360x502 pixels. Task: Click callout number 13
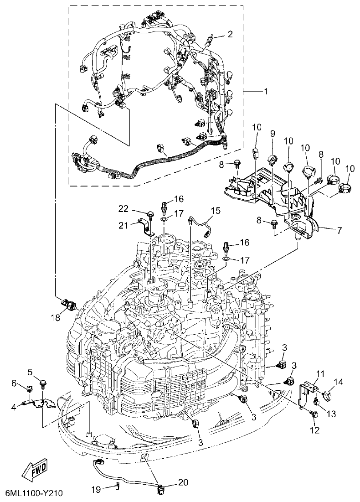(331, 414)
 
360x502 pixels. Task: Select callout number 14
(340, 382)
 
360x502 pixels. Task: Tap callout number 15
(215, 210)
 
